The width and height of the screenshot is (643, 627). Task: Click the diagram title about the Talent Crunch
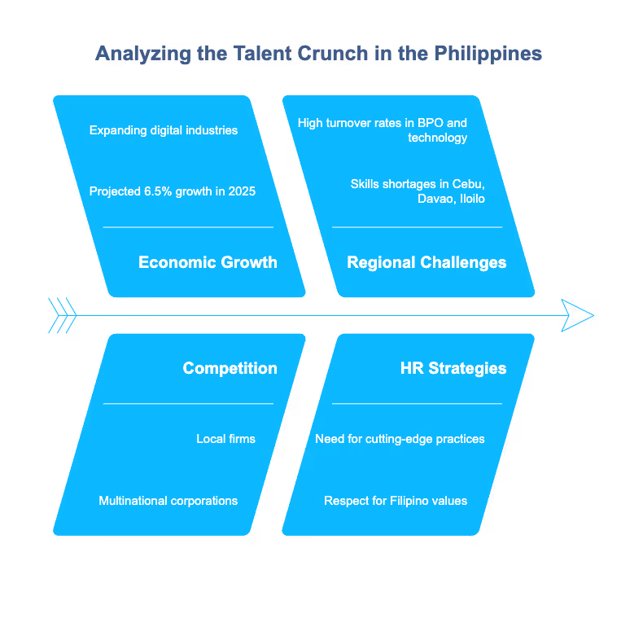[x=318, y=55]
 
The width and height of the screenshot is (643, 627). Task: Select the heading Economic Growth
[x=208, y=262]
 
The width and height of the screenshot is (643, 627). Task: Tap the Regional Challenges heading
[x=426, y=262]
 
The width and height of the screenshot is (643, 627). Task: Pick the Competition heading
[x=230, y=368]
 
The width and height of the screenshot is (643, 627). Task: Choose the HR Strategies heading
[x=453, y=368]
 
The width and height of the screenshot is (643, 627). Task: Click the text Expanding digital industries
[x=164, y=130]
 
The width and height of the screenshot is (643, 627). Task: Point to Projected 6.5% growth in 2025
[x=173, y=191]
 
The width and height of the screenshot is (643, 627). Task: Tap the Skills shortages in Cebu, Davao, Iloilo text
[x=418, y=191]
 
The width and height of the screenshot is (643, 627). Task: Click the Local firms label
[x=225, y=439]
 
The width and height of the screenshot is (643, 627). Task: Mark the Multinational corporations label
[x=168, y=501]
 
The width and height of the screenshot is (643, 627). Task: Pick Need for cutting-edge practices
[x=400, y=439]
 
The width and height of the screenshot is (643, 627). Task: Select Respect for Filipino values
[x=396, y=501]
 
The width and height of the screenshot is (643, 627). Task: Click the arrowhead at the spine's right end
[x=577, y=315]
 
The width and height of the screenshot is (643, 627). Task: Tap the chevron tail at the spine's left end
[x=63, y=315]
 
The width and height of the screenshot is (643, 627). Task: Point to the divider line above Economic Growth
[x=188, y=227]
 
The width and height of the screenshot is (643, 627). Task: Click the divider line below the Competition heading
[x=188, y=403]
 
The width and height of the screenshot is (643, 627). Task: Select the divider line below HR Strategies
[x=417, y=403]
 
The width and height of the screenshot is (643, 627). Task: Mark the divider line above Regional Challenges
[x=417, y=227]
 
